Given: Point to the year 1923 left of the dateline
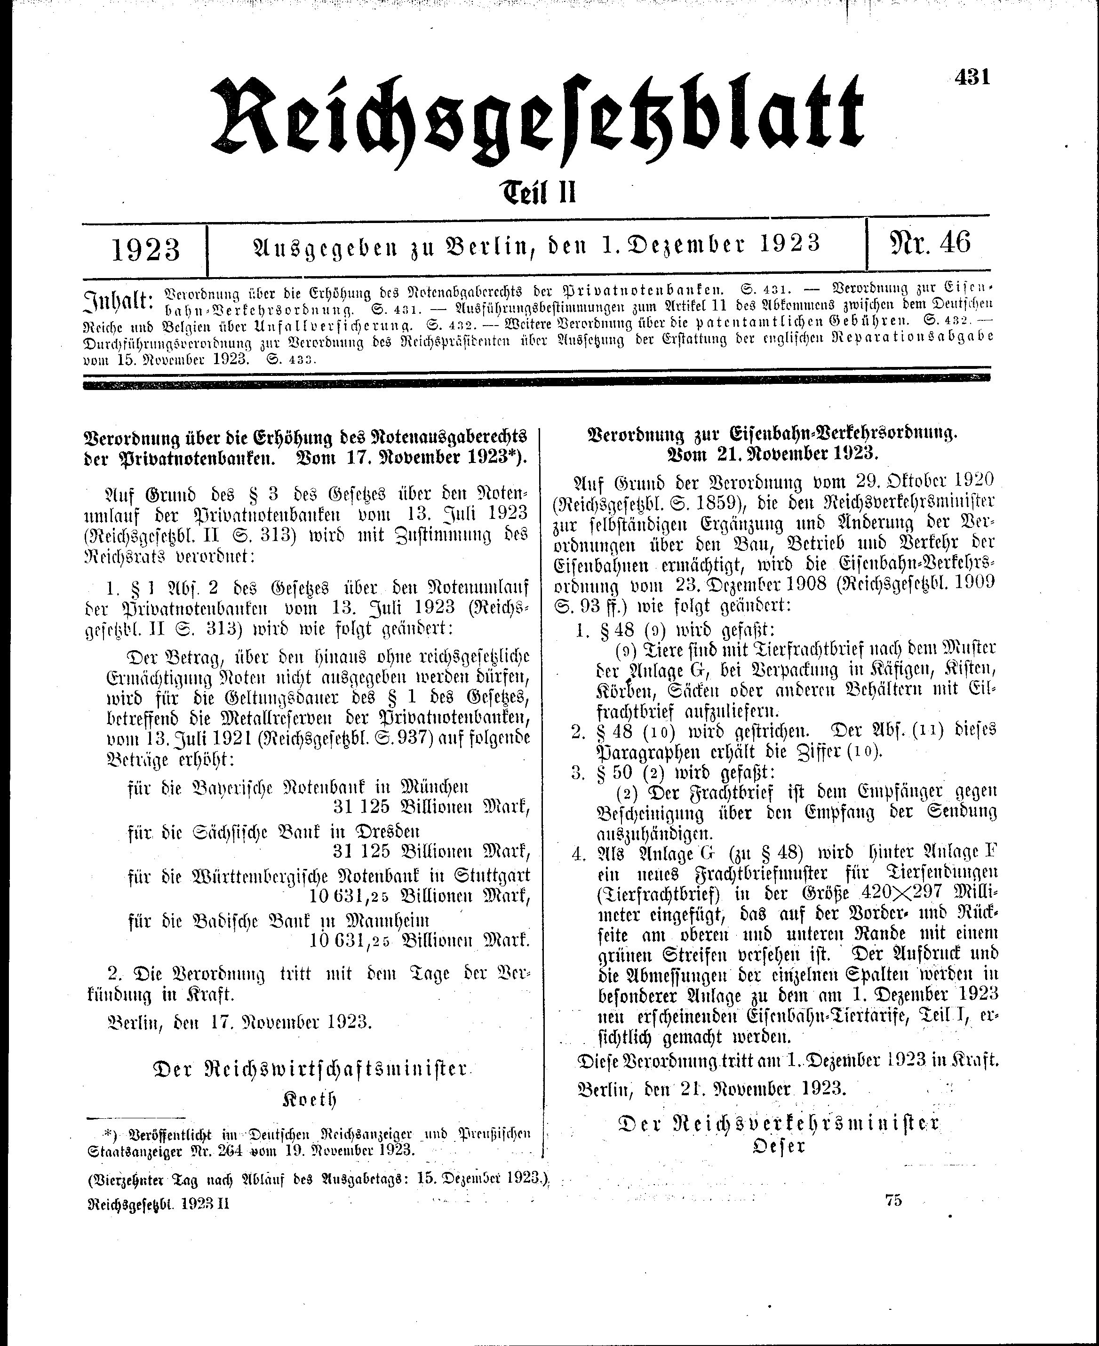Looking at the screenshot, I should tap(145, 249).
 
